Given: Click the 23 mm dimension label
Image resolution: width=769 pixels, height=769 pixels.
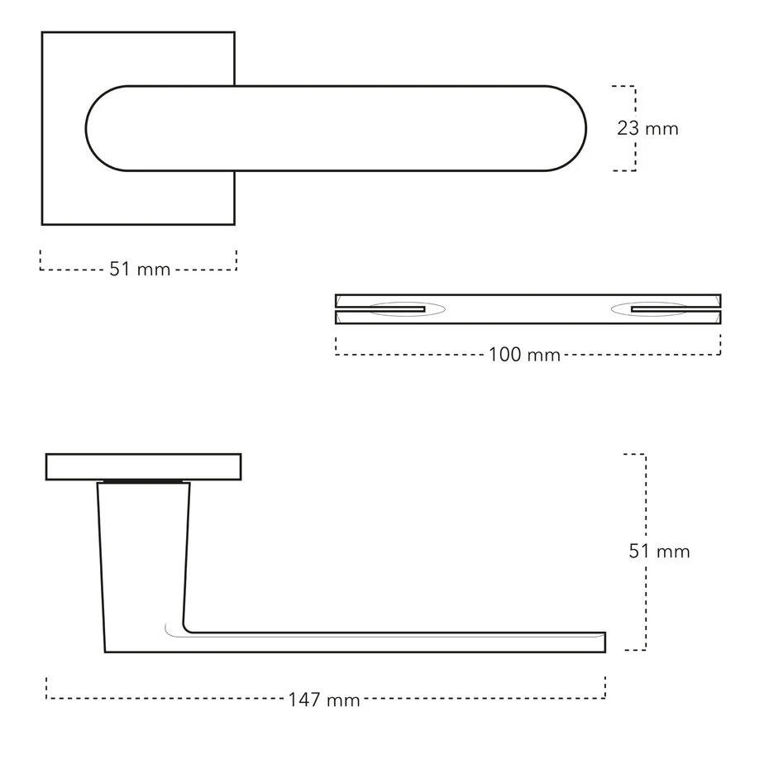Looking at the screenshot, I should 647,129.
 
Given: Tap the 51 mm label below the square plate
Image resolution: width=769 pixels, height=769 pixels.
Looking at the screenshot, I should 140,270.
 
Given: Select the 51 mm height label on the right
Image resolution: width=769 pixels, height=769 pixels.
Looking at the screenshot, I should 659,552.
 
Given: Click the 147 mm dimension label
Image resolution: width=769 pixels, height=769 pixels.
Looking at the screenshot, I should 324,700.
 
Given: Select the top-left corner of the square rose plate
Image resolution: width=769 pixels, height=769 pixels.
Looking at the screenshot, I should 43,33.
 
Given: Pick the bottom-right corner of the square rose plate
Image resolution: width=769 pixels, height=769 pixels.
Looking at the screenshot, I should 234,224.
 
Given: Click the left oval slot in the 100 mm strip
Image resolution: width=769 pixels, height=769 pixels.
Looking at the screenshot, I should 407,309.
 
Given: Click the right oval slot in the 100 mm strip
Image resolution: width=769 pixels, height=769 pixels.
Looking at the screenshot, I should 649,309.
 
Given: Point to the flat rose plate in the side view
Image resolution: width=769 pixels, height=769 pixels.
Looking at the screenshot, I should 143,467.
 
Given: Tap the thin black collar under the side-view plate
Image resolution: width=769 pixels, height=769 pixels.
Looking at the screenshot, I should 142,481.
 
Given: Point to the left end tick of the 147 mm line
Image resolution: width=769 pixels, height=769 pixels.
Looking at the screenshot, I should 47,688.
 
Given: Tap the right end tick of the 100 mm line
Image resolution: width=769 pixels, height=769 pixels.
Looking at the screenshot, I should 720,345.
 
